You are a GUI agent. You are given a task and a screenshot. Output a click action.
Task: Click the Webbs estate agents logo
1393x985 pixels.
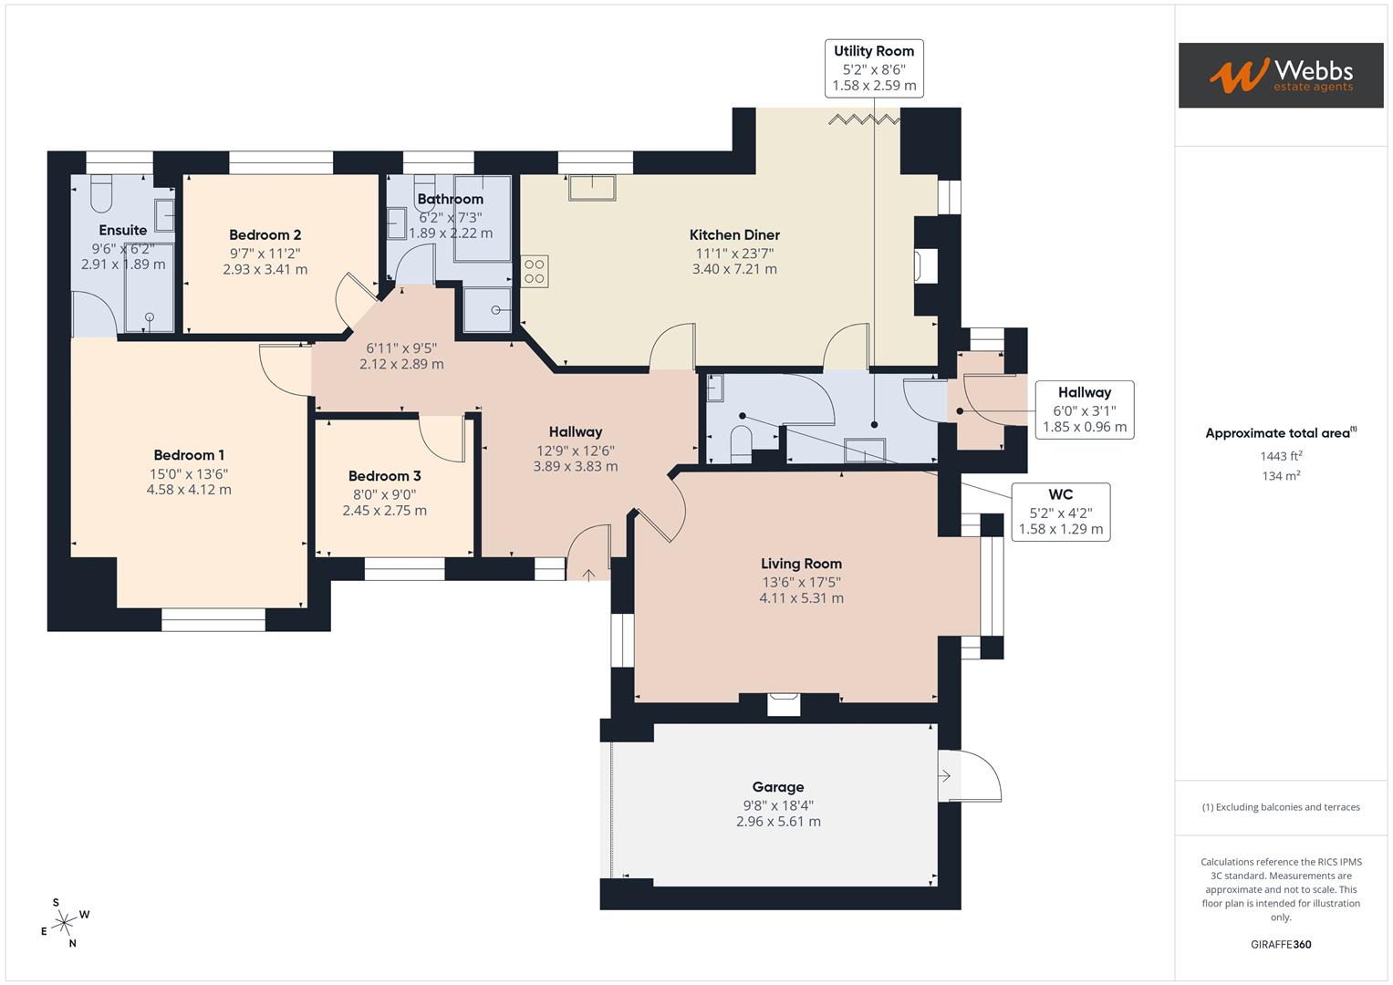[x=1280, y=75]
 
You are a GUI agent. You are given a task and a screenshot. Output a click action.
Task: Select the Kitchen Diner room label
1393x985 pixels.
[x=734, y=235]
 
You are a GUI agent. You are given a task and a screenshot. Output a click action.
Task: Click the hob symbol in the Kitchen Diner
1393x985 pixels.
[x=535, y=271]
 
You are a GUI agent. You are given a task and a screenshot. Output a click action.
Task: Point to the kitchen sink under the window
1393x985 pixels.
[x=592, y=187]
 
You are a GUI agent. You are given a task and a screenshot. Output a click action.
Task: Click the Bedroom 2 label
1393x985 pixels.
[x=265, y=235]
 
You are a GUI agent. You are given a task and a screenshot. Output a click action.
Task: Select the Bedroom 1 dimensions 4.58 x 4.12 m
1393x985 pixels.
[x=189, y=490]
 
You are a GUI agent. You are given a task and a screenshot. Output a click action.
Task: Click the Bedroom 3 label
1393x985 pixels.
[x=384, y=476]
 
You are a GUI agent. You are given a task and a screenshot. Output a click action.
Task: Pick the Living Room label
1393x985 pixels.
[x=801, y=564]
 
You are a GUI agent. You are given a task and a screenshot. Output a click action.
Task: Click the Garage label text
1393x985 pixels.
[x=778, y=787]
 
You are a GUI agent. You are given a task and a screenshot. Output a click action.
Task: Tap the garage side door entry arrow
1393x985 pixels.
[x=946, y=776]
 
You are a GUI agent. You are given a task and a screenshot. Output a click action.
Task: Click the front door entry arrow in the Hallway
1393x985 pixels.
[x=588, y=574]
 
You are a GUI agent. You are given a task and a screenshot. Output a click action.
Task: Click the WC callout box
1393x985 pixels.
[x=1060, y=512]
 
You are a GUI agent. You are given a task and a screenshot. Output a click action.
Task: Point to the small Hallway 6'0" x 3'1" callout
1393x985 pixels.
[x=1084, y=410]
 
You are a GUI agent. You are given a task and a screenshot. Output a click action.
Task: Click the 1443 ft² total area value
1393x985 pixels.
[x=1281, y=456]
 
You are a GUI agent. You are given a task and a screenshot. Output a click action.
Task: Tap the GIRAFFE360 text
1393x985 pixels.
[x=1281, y=944]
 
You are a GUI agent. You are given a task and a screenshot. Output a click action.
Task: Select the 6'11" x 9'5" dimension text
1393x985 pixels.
[x=401, y=348]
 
